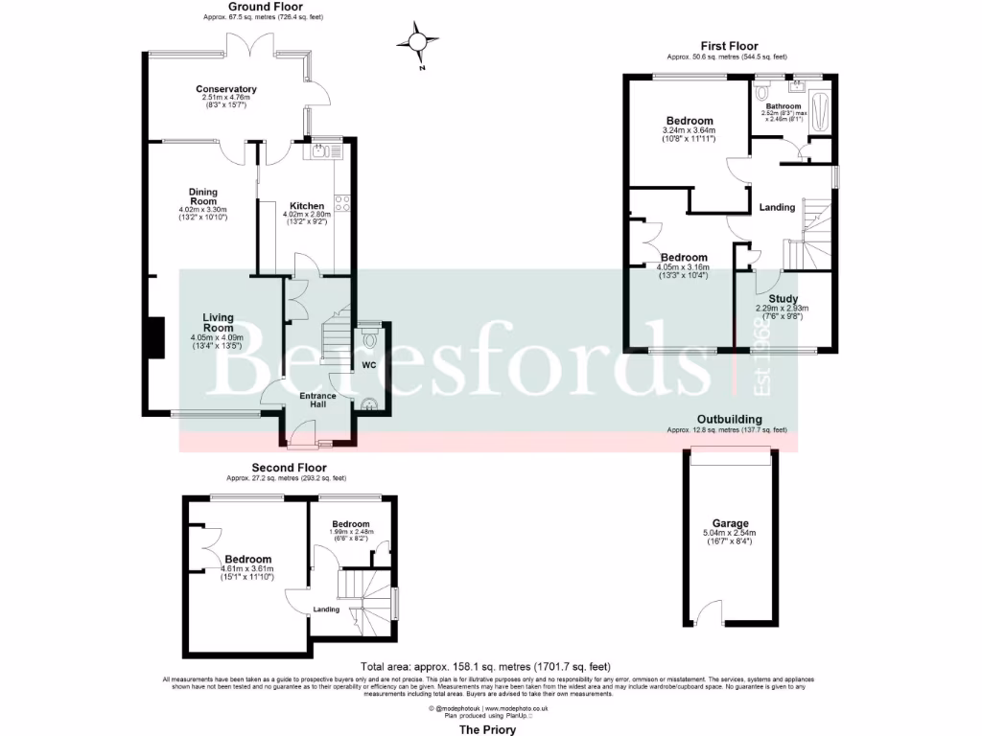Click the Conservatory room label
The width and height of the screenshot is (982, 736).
228,89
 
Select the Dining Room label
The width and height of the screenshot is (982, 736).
202,196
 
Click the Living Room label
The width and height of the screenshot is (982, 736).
217,323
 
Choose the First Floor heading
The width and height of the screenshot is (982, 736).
728,46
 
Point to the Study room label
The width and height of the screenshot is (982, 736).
783,298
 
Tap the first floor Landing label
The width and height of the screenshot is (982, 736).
777,207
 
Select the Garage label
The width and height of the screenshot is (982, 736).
730,524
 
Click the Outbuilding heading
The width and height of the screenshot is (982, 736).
729,420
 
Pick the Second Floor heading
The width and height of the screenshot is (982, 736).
289,468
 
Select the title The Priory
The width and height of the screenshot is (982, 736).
487,729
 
